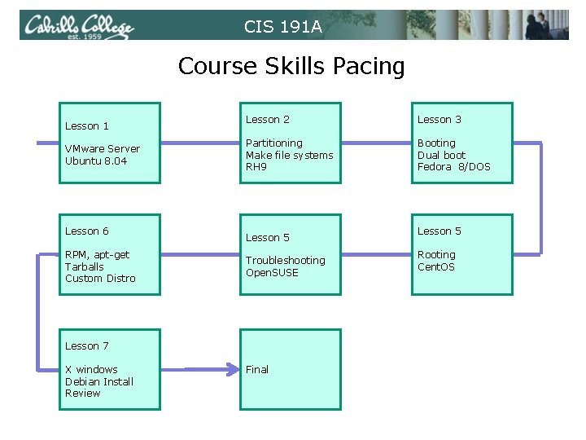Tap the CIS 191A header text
pos(283,27)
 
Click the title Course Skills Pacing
pos(291,65)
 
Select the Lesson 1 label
pos(87,125)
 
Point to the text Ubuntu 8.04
pos(96,161)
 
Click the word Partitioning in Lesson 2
pos(273,143)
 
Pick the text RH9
pos(256,166)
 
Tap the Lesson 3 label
pos(439,119)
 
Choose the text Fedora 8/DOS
pos(454,166)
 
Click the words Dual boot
pos(442,155)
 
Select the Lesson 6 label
pos(87,231)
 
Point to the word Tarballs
pos(85,266)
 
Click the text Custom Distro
pos(100,278)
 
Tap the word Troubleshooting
pos(285,260)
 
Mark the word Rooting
pos(436,254)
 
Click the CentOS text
pos(436,266)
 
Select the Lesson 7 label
pos(87,345)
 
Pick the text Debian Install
pos(99,381)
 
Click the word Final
pos(257,369)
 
